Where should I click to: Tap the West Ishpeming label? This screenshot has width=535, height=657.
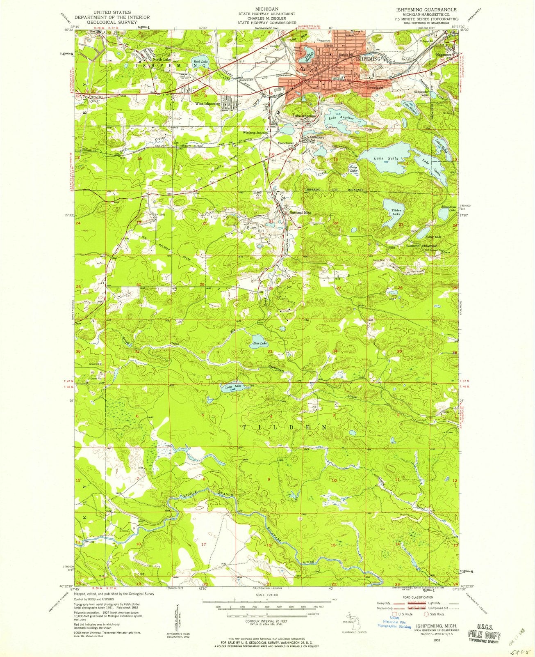pyautogui.click(x=207, y=104)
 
